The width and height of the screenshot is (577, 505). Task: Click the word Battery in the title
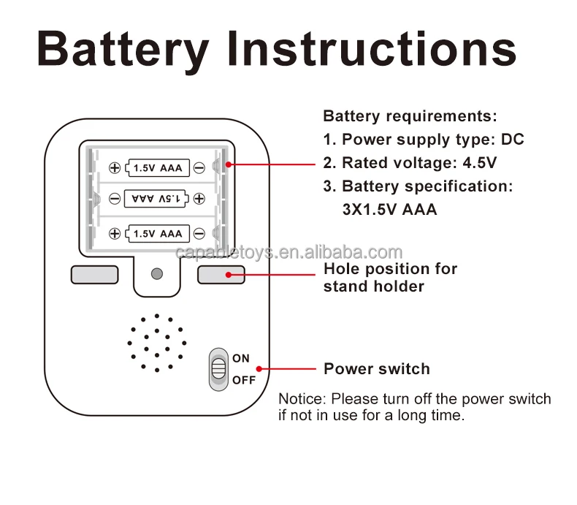click(x=123, y=50)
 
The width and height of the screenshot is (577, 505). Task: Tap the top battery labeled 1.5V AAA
click(x=158, y=168)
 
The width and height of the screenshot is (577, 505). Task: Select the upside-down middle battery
click(x=157, y=198)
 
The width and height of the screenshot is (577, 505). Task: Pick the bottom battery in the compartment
click(x=158, y=234)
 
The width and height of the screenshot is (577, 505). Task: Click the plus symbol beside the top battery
click(x=115, y=168)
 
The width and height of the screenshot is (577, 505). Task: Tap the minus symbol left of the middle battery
click(x=115, y=198)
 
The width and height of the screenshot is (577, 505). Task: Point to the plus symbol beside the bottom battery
click(x=115, y=234)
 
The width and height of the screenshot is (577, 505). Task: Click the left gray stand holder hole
click(x=95, y=274)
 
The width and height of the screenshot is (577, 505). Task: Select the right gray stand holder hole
click(x=221, y=274)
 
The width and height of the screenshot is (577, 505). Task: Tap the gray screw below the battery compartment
click(x=156, y=274)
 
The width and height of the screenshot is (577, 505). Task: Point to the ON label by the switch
click(x=241, y=358)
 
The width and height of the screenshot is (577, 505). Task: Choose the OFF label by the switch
click(x=244, y=380)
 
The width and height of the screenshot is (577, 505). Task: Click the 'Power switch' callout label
click(x=376, y=369)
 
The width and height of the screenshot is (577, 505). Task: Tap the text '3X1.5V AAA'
click(x=389, y=210)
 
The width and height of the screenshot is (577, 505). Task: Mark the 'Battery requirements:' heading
click(x=410, y=115)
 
